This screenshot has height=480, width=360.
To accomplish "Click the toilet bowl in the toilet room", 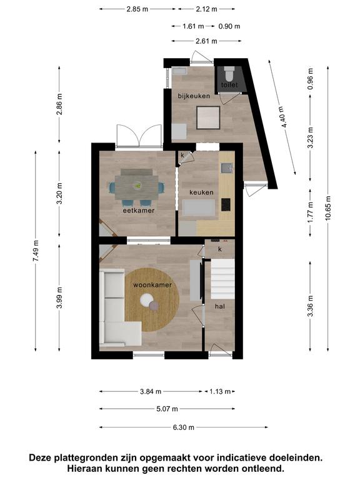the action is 229,73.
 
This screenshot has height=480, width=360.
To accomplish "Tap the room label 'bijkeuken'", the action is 194,96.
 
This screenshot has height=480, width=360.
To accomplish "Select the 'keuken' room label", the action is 201,192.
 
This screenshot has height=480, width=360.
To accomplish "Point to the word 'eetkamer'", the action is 139,210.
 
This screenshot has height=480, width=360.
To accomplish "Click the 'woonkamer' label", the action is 152,285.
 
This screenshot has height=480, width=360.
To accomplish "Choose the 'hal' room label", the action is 220,306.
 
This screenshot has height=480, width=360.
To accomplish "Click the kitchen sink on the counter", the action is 226,167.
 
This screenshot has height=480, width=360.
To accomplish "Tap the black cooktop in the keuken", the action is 226,204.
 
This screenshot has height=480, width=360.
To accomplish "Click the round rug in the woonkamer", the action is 152,300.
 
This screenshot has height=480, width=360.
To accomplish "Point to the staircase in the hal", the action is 222,279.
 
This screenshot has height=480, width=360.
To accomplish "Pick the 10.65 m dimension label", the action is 328,208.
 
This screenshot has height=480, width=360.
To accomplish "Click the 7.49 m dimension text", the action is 36,251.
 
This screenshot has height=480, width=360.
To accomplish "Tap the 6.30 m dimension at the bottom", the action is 184,427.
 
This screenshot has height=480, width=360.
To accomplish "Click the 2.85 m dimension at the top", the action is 137,9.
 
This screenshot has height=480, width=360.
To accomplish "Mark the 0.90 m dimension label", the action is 229,26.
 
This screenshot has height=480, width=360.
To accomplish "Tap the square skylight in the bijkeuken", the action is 208,117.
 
